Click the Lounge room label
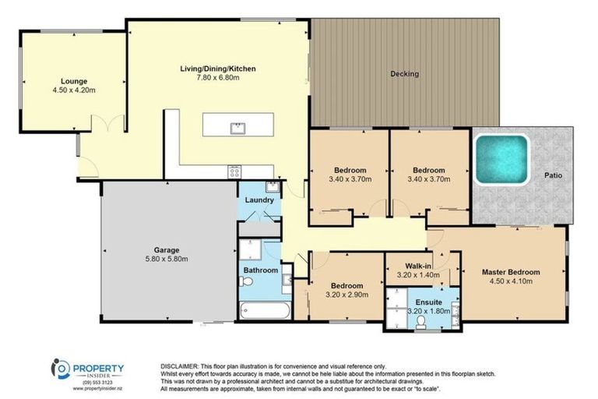pyautogui.click(x=75, y=80)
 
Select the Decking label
pyautogui.click(x=404, y=74)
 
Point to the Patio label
pyautogui.click(x=554, y=175)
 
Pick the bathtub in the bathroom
pyautogui.click(x=264, y=312)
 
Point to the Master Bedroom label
pyautogui.click(x=510, y=272)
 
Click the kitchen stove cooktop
pyautogui.click(x=234, y=172)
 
